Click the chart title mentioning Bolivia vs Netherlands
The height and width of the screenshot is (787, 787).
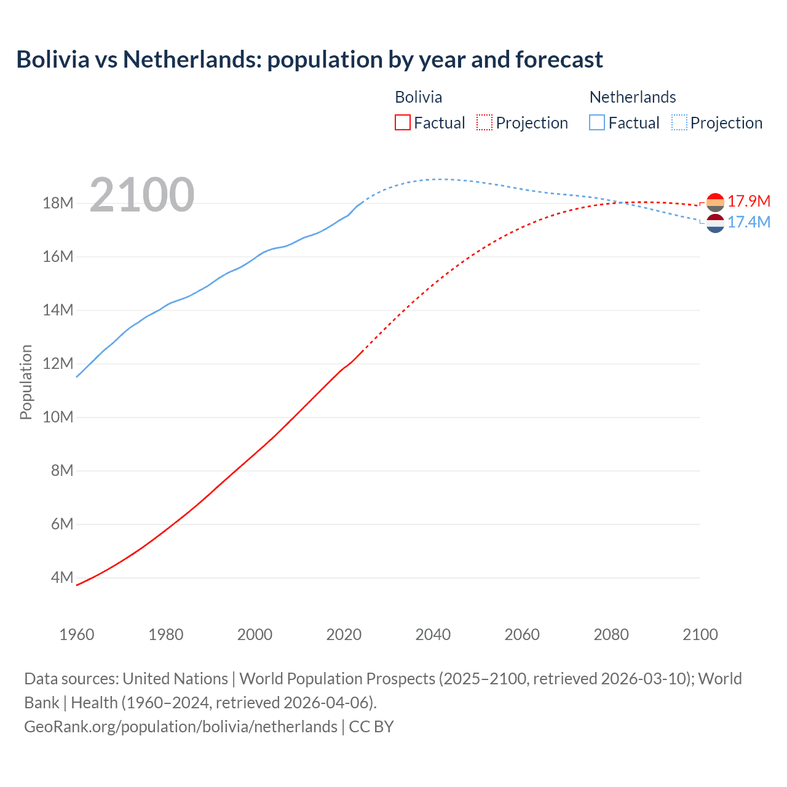[x=309, y=60]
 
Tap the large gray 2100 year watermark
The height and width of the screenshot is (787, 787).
[x=142, y=195]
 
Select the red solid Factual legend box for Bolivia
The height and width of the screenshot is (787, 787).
[x=402, y=123]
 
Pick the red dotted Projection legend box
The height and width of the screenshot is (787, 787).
[x=484, y=123]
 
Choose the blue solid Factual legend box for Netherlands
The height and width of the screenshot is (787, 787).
[x=597, y=123]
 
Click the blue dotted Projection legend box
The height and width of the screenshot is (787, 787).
[x=679, y=123]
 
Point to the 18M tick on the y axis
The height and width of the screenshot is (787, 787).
[x=58, y=203]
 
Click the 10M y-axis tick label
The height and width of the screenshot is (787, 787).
[x=58, y=417]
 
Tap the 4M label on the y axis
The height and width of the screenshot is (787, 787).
[x=61, y=577]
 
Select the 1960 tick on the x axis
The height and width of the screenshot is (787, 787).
[x=77, y=635]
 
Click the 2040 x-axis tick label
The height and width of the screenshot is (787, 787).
[x=433, y=635]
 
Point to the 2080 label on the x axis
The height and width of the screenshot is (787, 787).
[x=611, y=635]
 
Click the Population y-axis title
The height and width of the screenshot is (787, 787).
[x=26, y=382]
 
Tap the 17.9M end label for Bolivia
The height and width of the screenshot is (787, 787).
[x=749, y=201]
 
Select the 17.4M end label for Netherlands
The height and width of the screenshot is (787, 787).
[x=749, y=222]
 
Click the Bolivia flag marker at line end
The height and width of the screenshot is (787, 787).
[x=715, y=202]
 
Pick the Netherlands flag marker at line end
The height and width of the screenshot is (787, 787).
[x=715, y=224]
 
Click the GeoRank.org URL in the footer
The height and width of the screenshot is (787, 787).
[x=181, y=727]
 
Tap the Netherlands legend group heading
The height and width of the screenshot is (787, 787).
[x=633, y=97]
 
